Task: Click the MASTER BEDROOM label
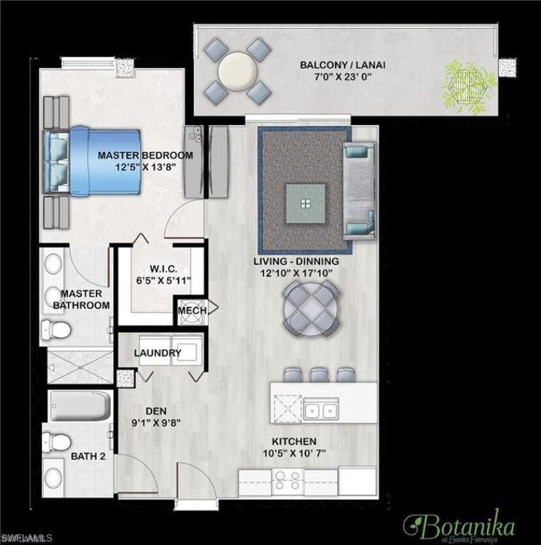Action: (x=145, y=155)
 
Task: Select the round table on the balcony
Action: (x=237, y=69)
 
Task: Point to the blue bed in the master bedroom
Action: (x=81, y=159)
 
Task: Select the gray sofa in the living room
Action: (x=358, y=190)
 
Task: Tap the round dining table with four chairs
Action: (x=311, y=309)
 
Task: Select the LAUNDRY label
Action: (x=157, y=353)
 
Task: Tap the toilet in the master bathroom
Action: (x=57, y=330)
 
